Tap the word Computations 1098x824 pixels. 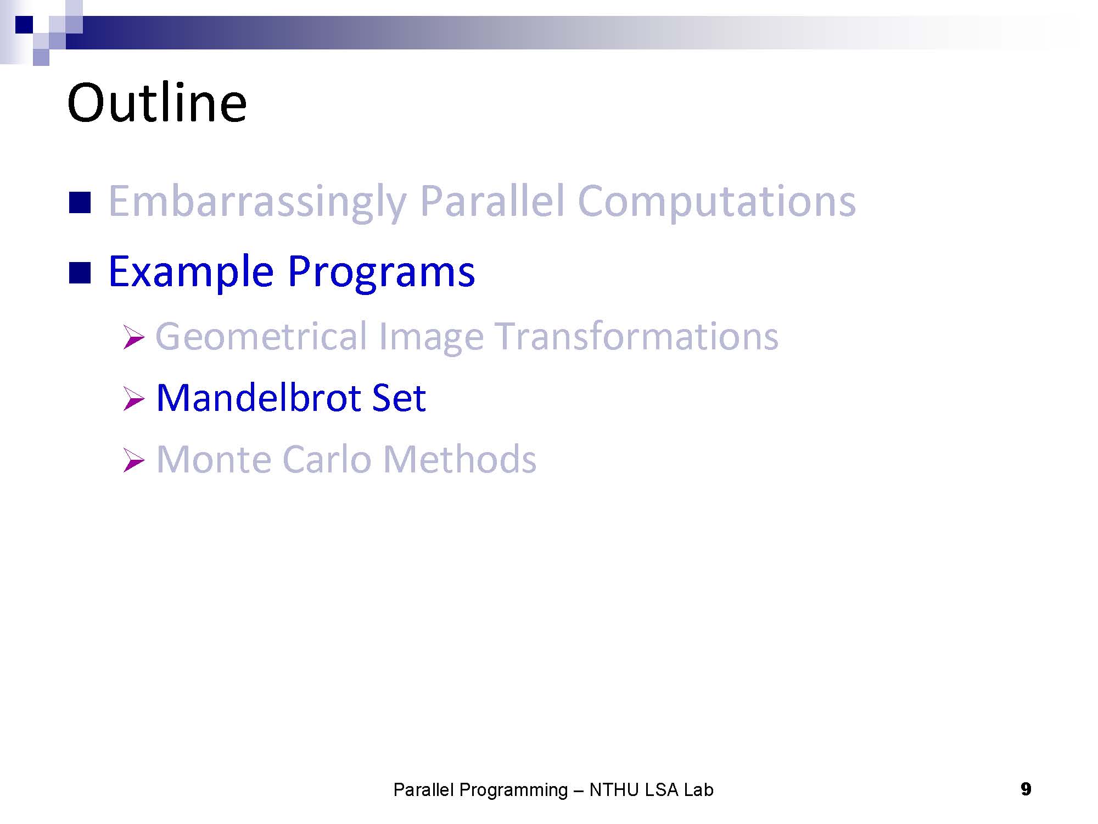pos(716,202)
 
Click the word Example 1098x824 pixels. pos(191,272)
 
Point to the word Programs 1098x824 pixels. pos(381,272)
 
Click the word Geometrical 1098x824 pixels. pos(261,336)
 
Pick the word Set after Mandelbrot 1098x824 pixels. pos(399,398)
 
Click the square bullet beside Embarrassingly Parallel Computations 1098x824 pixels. pos(80,202)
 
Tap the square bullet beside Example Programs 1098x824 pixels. pos(80,273)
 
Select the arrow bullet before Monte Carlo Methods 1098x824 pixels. pos(133,460)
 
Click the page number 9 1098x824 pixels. pos(1026,789)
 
